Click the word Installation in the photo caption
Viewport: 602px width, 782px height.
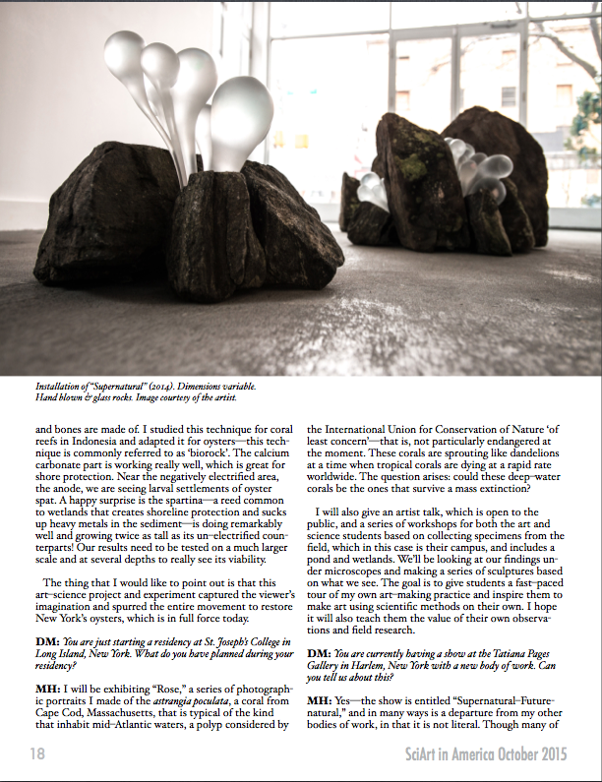61,387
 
